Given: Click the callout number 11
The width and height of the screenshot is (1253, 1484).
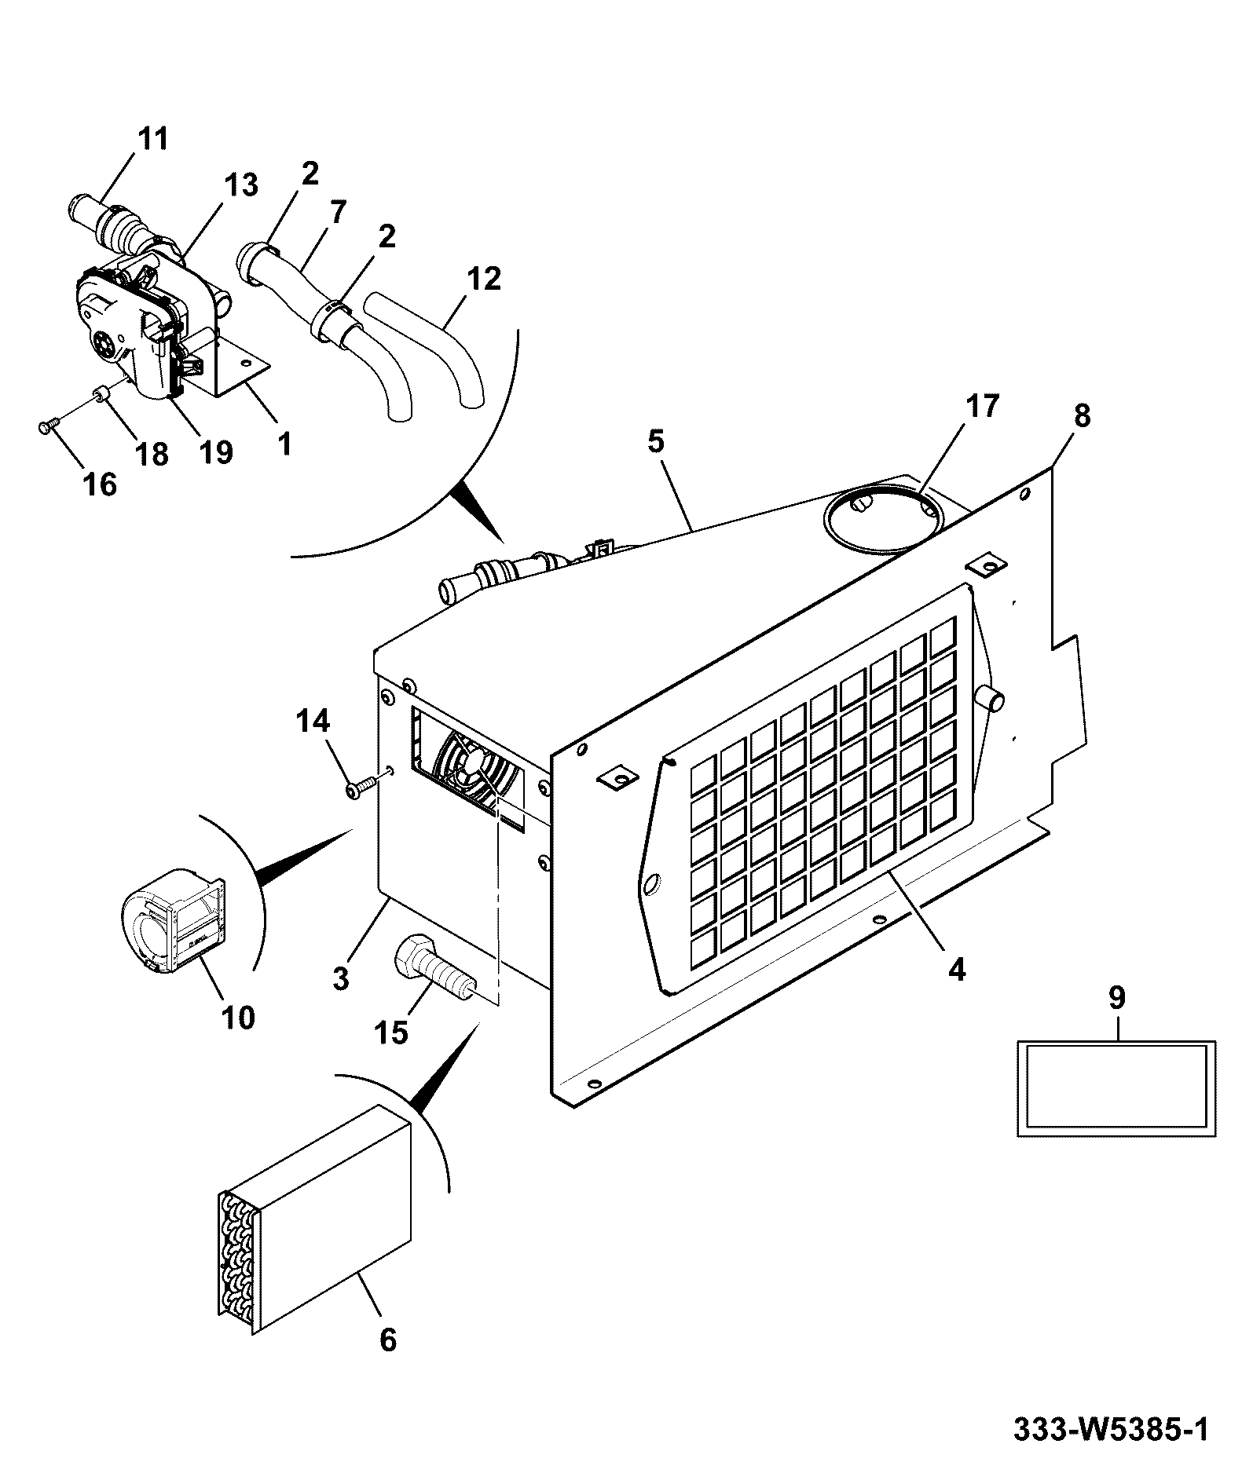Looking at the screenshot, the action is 153,139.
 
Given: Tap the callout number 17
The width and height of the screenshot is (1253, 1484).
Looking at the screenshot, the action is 982,406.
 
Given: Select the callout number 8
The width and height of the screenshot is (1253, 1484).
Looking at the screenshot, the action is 1082,415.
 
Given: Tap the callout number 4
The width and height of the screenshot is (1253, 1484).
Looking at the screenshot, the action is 956,970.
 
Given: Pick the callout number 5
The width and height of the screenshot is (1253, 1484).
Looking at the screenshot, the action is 656,441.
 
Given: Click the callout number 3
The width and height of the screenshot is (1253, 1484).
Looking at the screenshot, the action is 340,979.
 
